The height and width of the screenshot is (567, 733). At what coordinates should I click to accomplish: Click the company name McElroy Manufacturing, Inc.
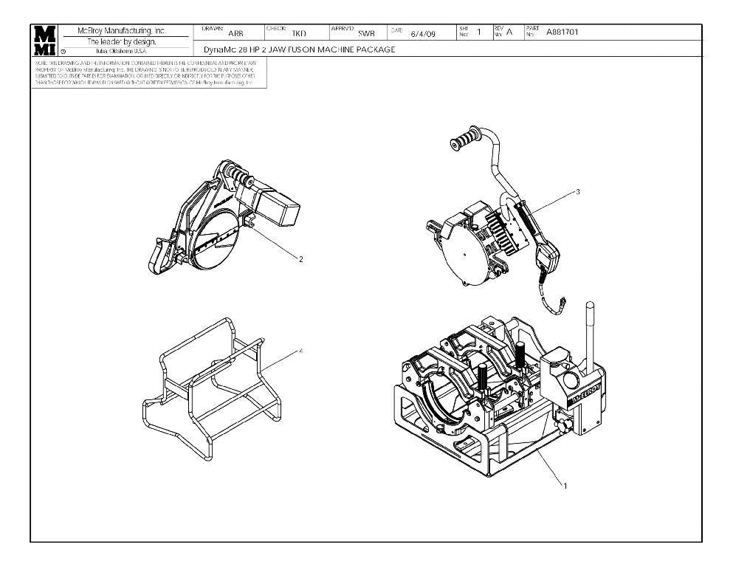(x=122, y=31)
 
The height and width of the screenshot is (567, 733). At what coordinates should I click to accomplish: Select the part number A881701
(x=562, y=32)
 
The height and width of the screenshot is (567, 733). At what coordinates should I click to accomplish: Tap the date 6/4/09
(x=423, y=33)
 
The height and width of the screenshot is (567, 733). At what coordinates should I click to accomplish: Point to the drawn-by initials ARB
(x=235, y=33)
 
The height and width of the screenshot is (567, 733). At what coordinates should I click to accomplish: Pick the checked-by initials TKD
(x=299, y=33)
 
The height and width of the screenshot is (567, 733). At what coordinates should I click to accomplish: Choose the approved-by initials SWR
(x=366, y=33)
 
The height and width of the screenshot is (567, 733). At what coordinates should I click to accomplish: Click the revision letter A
(x=509, y=32)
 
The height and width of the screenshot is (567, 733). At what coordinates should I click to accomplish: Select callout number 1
(x=565, y=486)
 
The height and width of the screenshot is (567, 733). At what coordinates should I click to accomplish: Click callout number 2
(x=300, y=259)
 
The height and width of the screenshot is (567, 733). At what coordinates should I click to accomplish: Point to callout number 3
(x=577, y=192)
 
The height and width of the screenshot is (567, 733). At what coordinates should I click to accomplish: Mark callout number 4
(x=300, y=351)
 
